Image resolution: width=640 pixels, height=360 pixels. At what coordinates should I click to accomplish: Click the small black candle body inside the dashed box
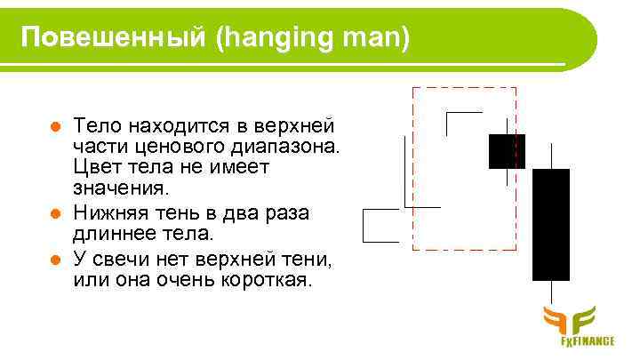click(507, 151)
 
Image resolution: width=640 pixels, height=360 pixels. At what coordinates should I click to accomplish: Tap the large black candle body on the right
click(551, 224)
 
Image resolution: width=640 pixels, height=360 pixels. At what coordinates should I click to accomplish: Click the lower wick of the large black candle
click(552, 293)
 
